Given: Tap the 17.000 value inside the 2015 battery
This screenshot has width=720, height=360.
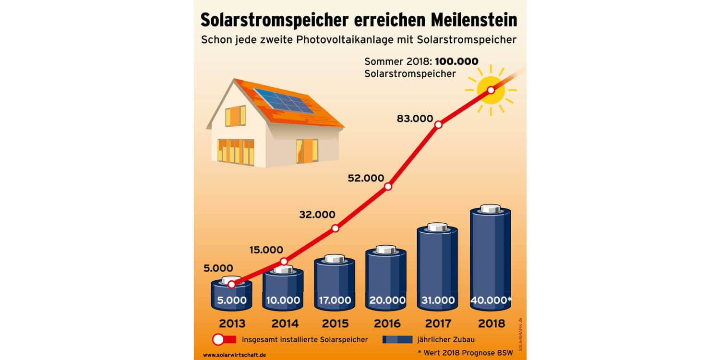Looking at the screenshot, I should click(335, 300).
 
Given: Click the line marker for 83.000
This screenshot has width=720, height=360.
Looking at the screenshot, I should click(438, 125).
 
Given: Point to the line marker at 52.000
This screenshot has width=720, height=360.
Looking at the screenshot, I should click(388, 186).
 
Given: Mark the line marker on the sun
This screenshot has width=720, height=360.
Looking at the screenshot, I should click(491, 90).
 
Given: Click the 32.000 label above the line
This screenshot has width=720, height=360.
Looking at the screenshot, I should click(317, 215).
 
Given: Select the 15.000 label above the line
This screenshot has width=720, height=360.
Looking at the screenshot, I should click(266, 250).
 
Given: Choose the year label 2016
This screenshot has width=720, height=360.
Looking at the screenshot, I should click(386, 324).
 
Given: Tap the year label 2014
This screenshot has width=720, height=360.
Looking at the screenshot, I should click(285, 324).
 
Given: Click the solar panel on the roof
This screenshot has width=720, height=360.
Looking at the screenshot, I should click(283, 101).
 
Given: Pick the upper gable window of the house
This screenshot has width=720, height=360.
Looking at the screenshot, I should click(235, 116).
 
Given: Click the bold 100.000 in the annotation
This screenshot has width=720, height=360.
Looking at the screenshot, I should click(456, 61).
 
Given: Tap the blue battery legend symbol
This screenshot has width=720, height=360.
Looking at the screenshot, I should click(397, 340).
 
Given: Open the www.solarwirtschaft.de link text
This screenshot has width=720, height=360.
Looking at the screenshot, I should click(234, 355).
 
